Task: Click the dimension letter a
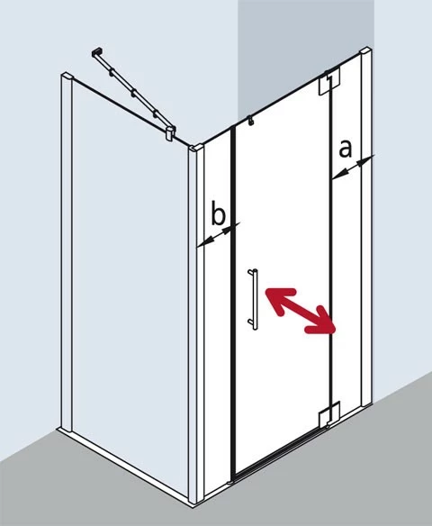click(x=346, y=149)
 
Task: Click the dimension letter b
click(x=218, y=213)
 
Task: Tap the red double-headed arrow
click(x=301, y=312)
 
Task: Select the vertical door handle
click(x=254, y=299)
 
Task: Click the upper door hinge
click(x=329, y=82)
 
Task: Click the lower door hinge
click(x=329, y=414)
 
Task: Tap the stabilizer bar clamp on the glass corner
click(x=171, y=132)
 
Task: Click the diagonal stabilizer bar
click(x=133, y=91)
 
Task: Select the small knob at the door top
click(x=250, y=121)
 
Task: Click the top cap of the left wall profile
click(x=67, y=77)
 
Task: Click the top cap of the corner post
click(x=196, y=148)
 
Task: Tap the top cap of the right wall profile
click(x=365, y=52)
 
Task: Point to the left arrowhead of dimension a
click(x=337, y=174)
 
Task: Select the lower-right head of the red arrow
click(x=323, y=322)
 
